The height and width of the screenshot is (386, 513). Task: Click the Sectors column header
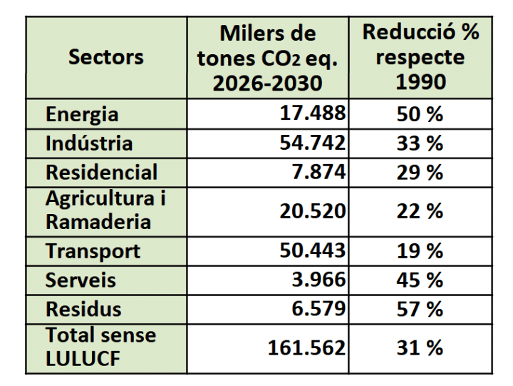[105, 57]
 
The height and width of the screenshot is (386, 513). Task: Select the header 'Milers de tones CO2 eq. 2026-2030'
[267, 58]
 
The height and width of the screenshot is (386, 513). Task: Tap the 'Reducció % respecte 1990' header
[420, 56]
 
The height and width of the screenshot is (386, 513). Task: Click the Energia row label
[82, 115]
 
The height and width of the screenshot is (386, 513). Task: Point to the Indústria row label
[89, 143]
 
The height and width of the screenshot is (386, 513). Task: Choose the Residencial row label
[101, 173]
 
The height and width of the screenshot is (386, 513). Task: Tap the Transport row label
[93, 251]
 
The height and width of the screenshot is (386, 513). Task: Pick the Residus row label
[83, 310]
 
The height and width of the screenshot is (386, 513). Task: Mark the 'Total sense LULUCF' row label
[100, 347]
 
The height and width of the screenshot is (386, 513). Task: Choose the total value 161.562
[307, 347]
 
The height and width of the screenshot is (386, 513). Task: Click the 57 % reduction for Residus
[420, 310]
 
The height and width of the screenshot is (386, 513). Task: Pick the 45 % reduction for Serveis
[420, 280]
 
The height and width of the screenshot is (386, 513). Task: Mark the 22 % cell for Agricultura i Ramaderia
[420, 211]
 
